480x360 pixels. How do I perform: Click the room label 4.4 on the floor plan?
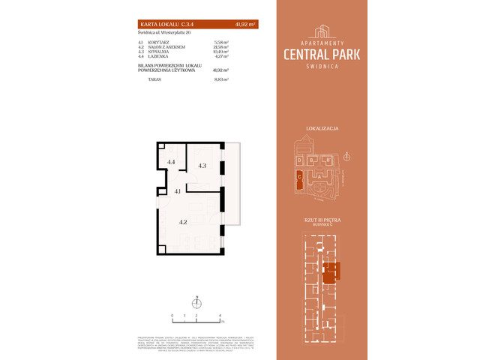pos(171,162)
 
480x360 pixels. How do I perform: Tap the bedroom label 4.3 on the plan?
pos(202,166)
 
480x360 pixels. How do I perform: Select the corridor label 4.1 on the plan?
pos(178,192)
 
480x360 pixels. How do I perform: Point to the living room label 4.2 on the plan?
pos(182,222)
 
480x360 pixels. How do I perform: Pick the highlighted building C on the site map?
pos(299,178)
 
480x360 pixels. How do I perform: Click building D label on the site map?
pos(299,160)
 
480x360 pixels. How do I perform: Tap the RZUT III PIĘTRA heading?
pos(323,220)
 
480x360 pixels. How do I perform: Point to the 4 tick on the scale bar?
pos(220,316)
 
